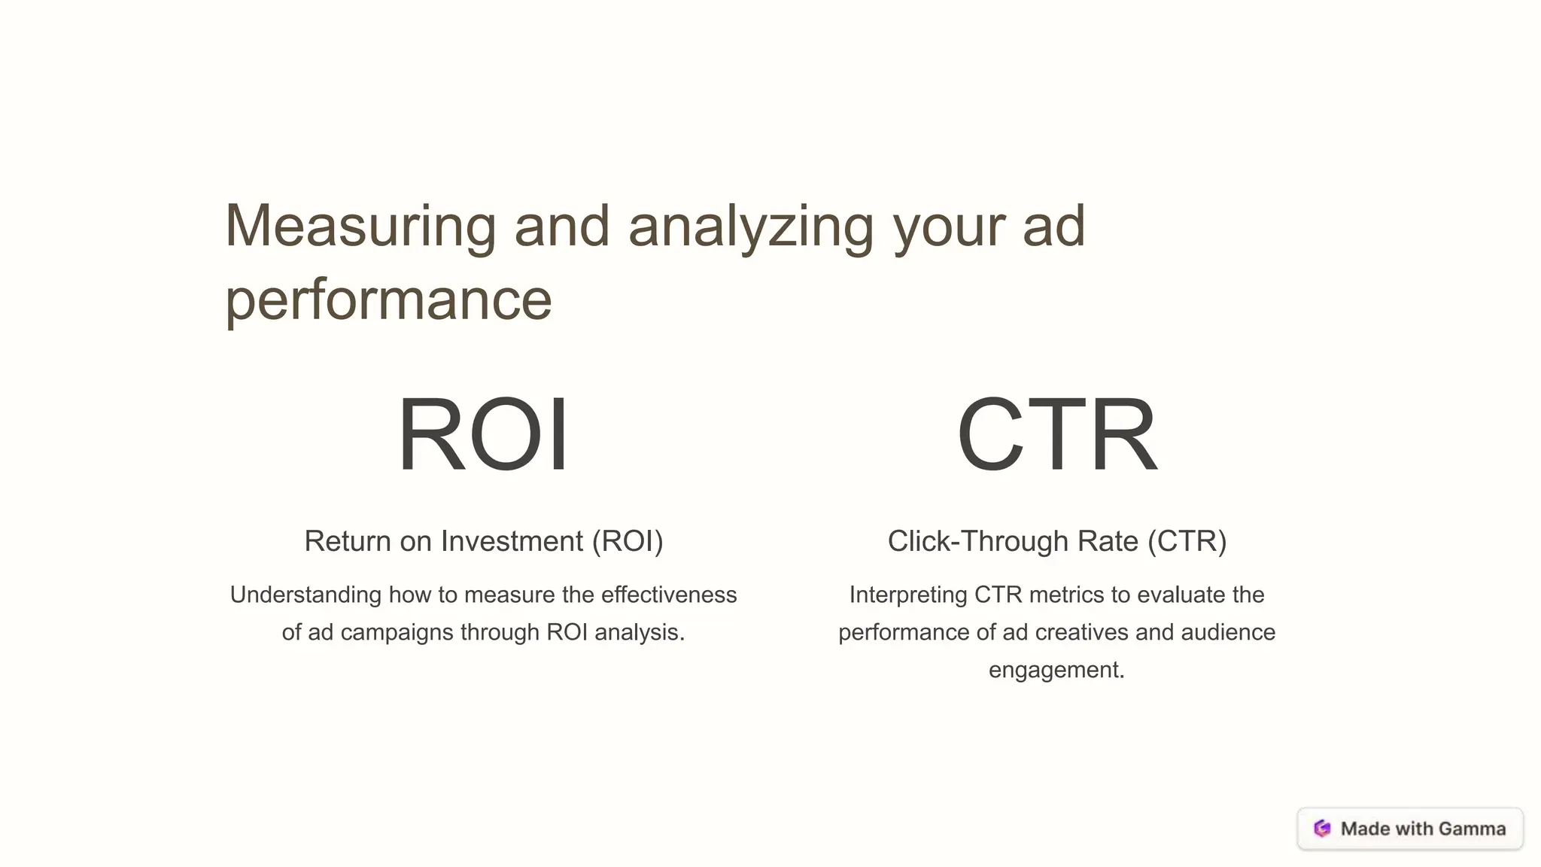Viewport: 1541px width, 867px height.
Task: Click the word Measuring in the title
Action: (x=360, y=226)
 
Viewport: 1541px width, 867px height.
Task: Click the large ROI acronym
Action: (x=483, y=434)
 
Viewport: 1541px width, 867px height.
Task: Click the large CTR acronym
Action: (x=1056, y=434)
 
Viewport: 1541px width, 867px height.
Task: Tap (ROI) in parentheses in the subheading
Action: (x=628, y=541)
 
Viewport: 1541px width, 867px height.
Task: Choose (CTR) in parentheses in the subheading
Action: (x=1187, y=541)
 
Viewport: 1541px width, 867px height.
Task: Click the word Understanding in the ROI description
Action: (x=305, y=595)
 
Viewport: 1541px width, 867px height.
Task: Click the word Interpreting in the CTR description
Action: (x=908, y=595)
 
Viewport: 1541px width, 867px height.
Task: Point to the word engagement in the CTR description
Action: (x=1056, y=670)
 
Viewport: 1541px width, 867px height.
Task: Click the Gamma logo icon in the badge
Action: (x=1322, y=829)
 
